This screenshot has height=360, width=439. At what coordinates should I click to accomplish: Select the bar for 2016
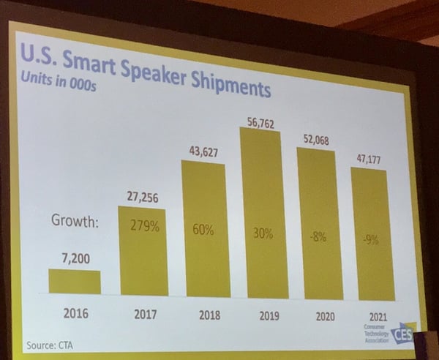75,282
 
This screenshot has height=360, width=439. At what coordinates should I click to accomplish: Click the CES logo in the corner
402,334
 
